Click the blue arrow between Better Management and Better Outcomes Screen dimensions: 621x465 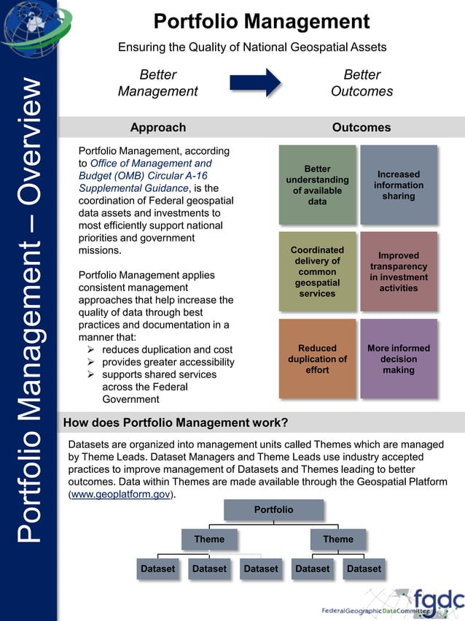(x=255, y=82)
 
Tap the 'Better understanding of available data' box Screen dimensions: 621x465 (x=317, y=185)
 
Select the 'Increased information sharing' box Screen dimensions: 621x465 (x=399, y=185)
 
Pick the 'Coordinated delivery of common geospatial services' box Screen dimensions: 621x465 (x=317, y=271)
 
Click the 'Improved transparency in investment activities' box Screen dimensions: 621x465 (x=399, y=271)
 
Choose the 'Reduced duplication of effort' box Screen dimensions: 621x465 (x=317, y=358)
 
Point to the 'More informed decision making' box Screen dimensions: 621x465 (x=399, y=358)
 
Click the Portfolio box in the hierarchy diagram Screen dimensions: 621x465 (x=273, y=509)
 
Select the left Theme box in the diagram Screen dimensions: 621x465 (x=209, y=539)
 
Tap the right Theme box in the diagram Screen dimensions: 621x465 (x=337, y=539)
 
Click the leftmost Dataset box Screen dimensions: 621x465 (x=157, y=568)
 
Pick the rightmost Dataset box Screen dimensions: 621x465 (x=364, y=568)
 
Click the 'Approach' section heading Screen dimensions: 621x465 (x=157, y=127)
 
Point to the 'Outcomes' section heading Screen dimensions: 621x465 (x=361, y=127)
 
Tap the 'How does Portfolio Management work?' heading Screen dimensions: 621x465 (x=175, y=423)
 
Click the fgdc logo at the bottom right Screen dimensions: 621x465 (x=438, y=600)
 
